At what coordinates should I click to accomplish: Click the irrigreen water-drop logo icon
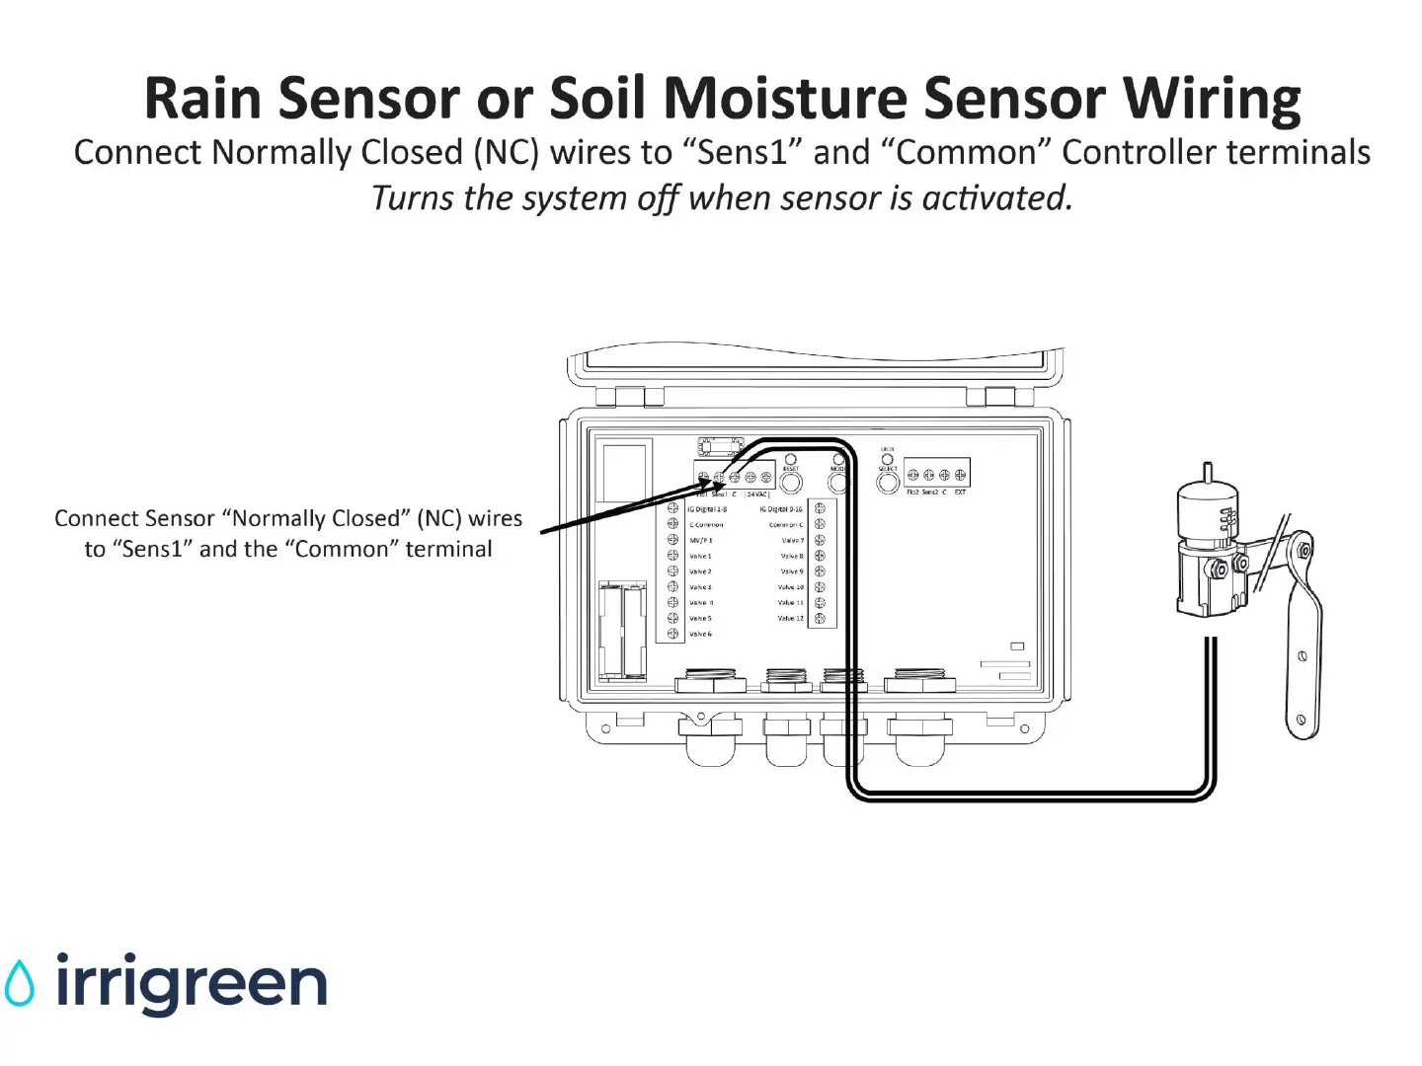click(19, 983)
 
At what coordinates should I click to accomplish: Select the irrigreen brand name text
click(191, 983)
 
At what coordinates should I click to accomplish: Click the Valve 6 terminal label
click(700, 634)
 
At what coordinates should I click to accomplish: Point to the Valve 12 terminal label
click(790, 618)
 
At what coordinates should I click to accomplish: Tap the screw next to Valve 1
click(672, 556)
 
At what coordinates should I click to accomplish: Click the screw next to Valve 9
click(820, 571)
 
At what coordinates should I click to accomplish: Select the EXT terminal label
click(960, 492)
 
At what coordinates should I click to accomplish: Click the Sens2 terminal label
click(929, 492)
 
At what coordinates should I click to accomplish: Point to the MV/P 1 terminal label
click(700, 541)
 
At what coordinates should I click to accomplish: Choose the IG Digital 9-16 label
click(781, 509)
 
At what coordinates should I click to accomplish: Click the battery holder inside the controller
click(622, 632)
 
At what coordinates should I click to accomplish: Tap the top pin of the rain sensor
click(1207, 471)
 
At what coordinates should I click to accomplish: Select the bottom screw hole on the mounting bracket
click(1302, 720)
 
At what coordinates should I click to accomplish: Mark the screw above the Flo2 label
click(912, 475)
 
